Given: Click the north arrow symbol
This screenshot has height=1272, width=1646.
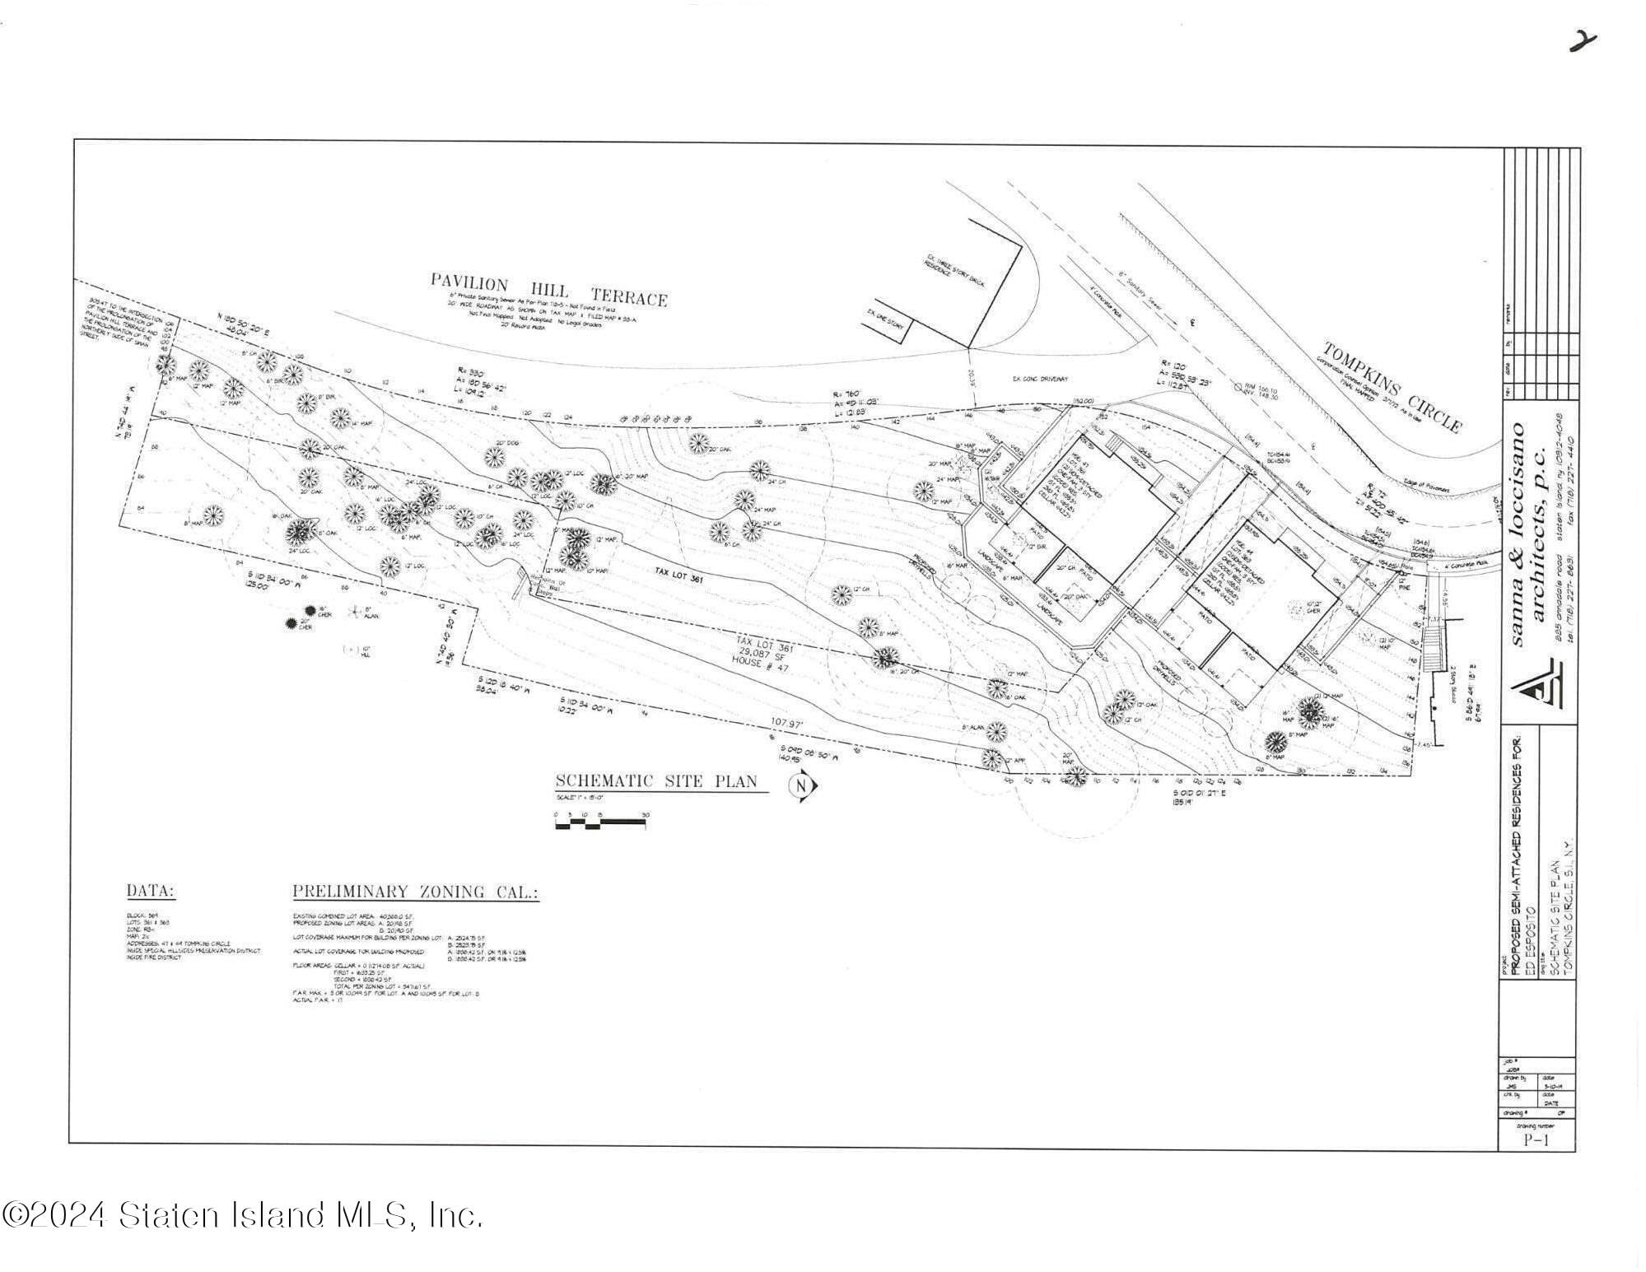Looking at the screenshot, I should [x=803, y=786].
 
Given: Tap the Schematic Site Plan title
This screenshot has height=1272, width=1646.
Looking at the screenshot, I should [x=655, y=781].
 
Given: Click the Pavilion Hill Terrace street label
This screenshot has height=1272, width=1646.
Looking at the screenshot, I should [x=548, y=289].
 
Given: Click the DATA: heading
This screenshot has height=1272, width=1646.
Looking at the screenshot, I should [x=151, y=891].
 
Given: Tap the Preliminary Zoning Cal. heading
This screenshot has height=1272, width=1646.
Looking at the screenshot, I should [x=416, y=892].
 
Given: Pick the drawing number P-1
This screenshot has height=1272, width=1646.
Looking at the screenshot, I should [x=1536, y=1140].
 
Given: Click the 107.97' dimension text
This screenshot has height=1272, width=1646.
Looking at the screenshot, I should [x=786, y=723].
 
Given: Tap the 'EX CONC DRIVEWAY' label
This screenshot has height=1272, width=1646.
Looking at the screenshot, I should [x=1040, y=379].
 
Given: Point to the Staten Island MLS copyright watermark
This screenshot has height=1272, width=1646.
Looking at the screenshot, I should [x=242, y=1215].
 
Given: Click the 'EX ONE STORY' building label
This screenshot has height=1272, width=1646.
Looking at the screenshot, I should [x=885, y=320].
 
